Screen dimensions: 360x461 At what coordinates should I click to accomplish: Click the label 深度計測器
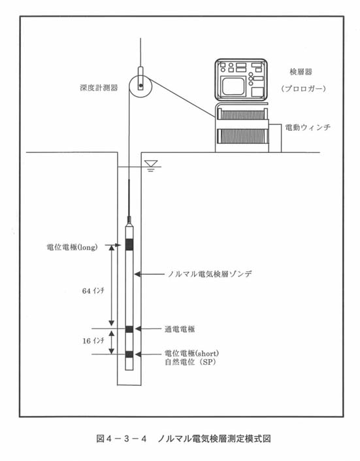click(99, 88)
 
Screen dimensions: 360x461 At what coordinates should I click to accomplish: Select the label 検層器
click(301, 72)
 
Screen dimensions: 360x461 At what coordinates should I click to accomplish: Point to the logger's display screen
click(233, 86)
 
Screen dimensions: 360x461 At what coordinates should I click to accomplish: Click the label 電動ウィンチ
click(308, 128)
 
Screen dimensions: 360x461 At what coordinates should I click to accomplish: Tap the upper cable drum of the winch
click(242, 114)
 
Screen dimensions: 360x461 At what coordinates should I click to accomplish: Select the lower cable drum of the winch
click(242, 136)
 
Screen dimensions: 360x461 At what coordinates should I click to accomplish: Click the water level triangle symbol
click(151, 163)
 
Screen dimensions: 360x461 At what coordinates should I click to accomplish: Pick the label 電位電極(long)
click(72, 247)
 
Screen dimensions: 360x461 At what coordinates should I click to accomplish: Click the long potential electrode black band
click(129, 245)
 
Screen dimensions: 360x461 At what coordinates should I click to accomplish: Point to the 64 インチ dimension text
click(93, 291)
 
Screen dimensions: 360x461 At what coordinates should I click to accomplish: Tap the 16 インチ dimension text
click(93, 341)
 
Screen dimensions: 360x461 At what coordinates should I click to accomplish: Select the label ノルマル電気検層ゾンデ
click(210, 274)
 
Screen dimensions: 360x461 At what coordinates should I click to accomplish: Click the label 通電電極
click(180, 330)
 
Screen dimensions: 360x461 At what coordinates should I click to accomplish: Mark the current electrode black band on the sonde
click(129, 329)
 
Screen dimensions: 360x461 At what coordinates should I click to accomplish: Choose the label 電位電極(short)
click(191, 353)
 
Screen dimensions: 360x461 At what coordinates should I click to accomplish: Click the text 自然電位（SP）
click(190, 362)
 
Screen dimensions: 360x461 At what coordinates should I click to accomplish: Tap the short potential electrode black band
click(129, 354)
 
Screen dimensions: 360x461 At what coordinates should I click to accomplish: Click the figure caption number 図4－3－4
click(122, 439)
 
